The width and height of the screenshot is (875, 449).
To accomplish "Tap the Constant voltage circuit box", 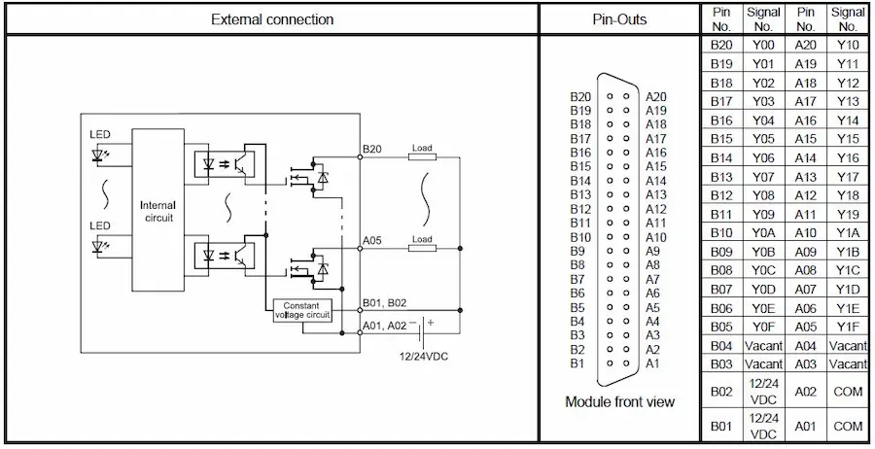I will (x=302, y=310).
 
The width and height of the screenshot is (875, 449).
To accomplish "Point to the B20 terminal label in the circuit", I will (x=372, y=149).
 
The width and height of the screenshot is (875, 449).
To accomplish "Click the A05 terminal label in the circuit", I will (x=372, y=239).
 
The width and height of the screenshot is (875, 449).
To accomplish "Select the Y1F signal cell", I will (x=848, y=327).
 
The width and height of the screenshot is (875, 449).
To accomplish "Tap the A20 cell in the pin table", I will (x=805, y=46).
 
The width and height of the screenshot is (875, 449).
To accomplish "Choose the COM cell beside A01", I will (x=848, y=426).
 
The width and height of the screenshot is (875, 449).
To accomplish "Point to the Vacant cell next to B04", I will (x=762, y=345).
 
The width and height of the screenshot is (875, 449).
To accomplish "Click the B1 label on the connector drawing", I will (x=577, y=363).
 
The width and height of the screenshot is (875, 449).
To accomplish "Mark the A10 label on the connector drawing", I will (x=656, y=237).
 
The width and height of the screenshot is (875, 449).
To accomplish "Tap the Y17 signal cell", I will (x=848, y=177).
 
